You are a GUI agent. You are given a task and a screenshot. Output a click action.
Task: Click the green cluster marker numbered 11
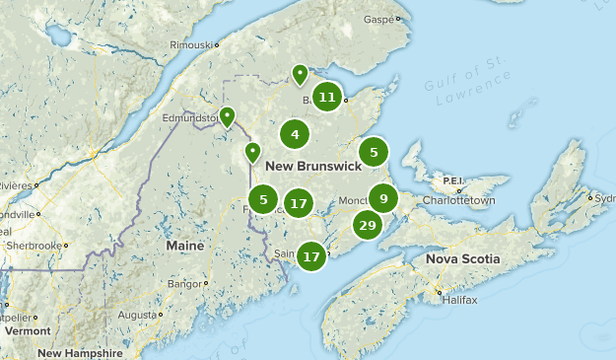[327, 97]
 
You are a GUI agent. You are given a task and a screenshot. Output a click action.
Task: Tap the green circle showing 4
[295, 133]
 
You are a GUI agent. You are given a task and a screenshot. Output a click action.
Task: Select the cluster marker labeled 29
[368, 226]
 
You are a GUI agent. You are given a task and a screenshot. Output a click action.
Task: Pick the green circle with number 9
[383, 197]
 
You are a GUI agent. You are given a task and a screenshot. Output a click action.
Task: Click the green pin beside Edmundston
[227, 117]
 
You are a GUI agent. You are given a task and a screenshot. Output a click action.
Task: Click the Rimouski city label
[191, 44]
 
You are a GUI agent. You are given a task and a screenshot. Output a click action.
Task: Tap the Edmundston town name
[193, 117]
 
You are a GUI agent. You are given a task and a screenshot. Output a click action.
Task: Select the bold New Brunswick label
[313, 165]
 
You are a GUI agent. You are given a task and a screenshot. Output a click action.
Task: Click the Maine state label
[185, 245]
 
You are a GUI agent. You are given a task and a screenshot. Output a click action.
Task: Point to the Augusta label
[136, 315]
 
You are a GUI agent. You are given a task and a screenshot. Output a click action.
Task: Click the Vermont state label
[26, 331]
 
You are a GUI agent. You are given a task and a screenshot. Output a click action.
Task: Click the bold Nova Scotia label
[463, 258]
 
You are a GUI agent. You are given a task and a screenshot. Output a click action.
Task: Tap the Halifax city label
[454, 299]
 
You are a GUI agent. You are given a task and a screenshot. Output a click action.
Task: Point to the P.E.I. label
[452, 180]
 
